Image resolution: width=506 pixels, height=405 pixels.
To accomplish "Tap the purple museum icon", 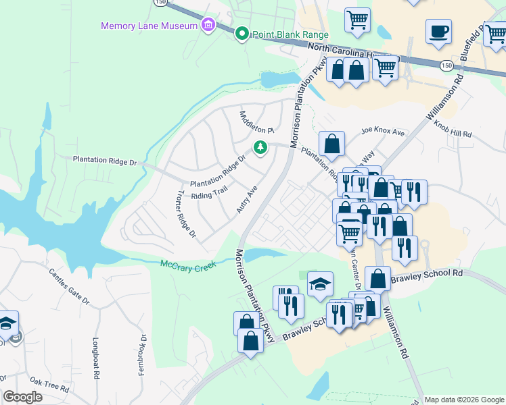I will [x=208, y=26].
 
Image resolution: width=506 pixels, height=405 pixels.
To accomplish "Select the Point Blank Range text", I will [x=290, y=34].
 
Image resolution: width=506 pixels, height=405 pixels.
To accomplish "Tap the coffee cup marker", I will [x=438, y=32].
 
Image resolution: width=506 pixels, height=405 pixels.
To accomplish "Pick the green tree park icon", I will [x=259, y=147].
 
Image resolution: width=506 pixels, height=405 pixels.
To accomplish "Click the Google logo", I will [x=22, y=397].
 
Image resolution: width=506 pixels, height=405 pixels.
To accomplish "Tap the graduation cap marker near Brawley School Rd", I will [x=320, y=285].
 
